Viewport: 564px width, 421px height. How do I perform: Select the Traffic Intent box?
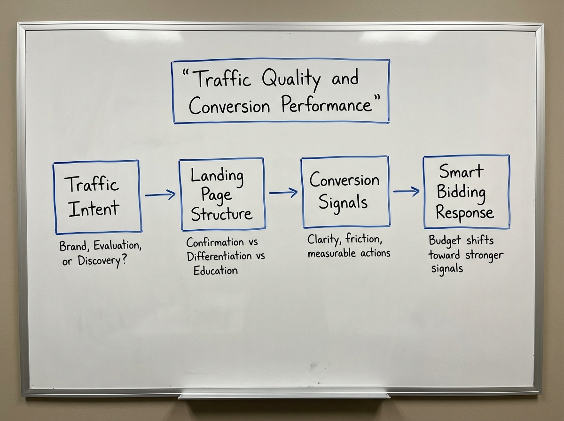[x=97, y=196]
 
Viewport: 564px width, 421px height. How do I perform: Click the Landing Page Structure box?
[x=221, y=195]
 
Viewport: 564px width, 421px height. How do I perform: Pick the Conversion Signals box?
[x=345, y=192]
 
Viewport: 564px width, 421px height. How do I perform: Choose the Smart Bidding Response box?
[x=466, y=192]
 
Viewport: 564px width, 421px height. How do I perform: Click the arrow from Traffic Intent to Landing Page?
[x=160, y=195]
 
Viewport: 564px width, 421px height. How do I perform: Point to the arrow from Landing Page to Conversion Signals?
[x=283, y=192]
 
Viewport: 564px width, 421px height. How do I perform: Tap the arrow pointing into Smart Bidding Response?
[x=406, y=191]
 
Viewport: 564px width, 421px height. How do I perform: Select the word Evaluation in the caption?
[x=116, y=246]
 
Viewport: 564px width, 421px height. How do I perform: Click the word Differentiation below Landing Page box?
[x=219, y=257]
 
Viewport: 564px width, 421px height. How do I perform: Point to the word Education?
[x=215, y=271]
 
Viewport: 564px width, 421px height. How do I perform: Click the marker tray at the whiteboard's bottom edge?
[x=283, y=395]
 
